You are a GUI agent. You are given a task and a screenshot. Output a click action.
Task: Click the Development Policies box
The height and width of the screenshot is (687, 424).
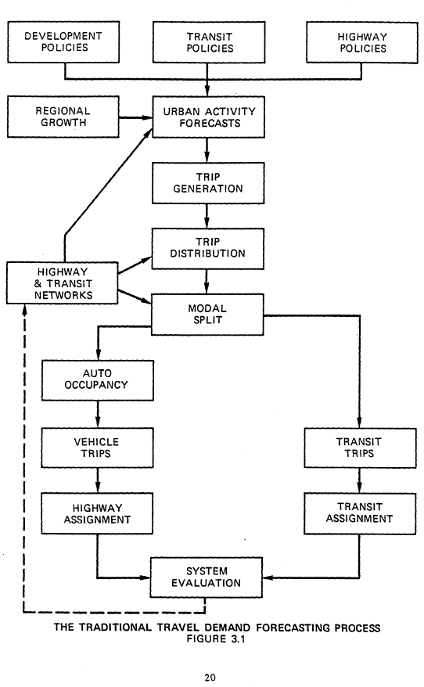(63, 42)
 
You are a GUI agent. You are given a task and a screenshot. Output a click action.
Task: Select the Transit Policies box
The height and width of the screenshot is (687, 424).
(210, 42)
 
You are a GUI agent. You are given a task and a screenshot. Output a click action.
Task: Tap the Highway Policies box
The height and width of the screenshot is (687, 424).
(358, 42)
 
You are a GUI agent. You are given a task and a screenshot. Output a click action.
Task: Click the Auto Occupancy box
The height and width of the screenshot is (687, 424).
(97, 379)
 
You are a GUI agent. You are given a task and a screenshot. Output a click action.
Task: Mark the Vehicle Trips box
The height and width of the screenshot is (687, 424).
(97, 447)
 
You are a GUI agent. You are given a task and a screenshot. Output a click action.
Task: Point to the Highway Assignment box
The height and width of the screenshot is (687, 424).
(97, 513)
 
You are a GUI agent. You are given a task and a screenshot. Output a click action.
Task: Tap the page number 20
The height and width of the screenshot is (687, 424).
(210, 678)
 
